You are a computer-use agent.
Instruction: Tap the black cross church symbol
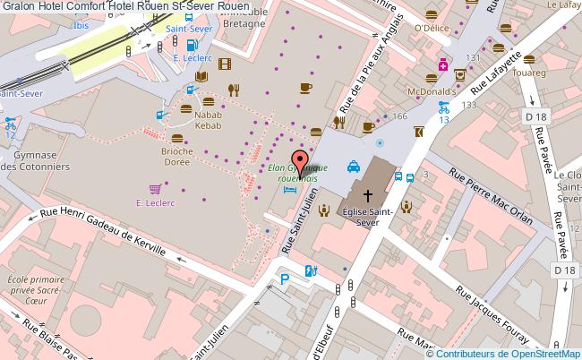click(367, 193)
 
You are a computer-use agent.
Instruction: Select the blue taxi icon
click(353, 166)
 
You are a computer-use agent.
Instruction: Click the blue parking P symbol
click(284, 280)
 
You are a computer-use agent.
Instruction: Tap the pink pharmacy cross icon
click(442, 64)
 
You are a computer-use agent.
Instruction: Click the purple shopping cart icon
click(155, 189)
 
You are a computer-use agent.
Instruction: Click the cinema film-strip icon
click(223, 63)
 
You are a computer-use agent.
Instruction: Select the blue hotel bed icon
click(288, 189)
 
